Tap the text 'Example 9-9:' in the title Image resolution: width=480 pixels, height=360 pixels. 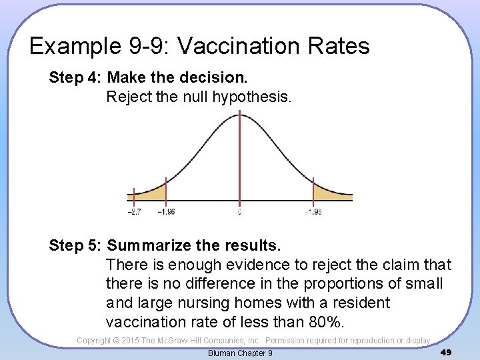[x=99, y=46]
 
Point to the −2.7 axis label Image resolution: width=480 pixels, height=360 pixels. [x=134, y=212]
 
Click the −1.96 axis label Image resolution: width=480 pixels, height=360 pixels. [x=166, y=212]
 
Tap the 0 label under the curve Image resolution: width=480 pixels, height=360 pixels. [x=239, y=212]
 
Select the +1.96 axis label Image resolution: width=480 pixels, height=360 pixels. [x=313, y=212]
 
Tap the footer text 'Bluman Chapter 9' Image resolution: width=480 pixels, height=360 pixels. [x=240, y=353]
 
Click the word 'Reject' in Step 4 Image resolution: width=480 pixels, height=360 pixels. [x=129, y=97]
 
